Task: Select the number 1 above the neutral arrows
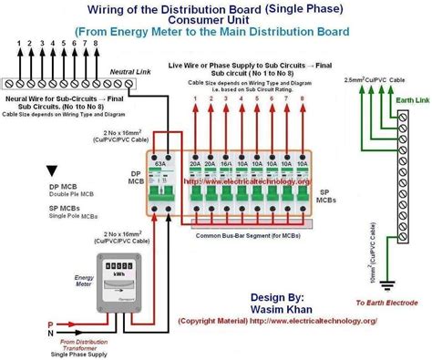click(x=17, y=43)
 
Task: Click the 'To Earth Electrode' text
click(x=386, y=302)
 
